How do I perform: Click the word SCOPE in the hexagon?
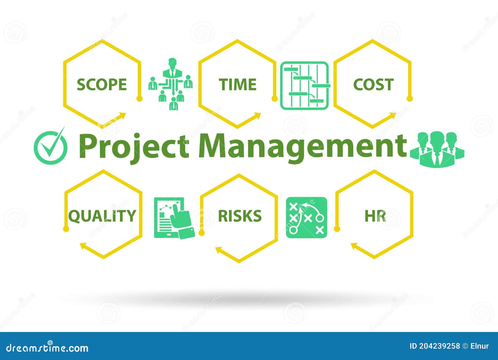pos(102,85)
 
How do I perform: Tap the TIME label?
pos(237,85)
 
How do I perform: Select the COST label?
pos(373,85)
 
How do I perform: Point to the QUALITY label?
pos(102,216)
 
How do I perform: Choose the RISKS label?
pos(240,216)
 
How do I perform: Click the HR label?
pos(375,216)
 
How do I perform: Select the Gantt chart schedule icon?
pos(305,86)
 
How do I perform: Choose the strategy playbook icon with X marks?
pos(307,218)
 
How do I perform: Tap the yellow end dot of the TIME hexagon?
pos(274,99)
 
